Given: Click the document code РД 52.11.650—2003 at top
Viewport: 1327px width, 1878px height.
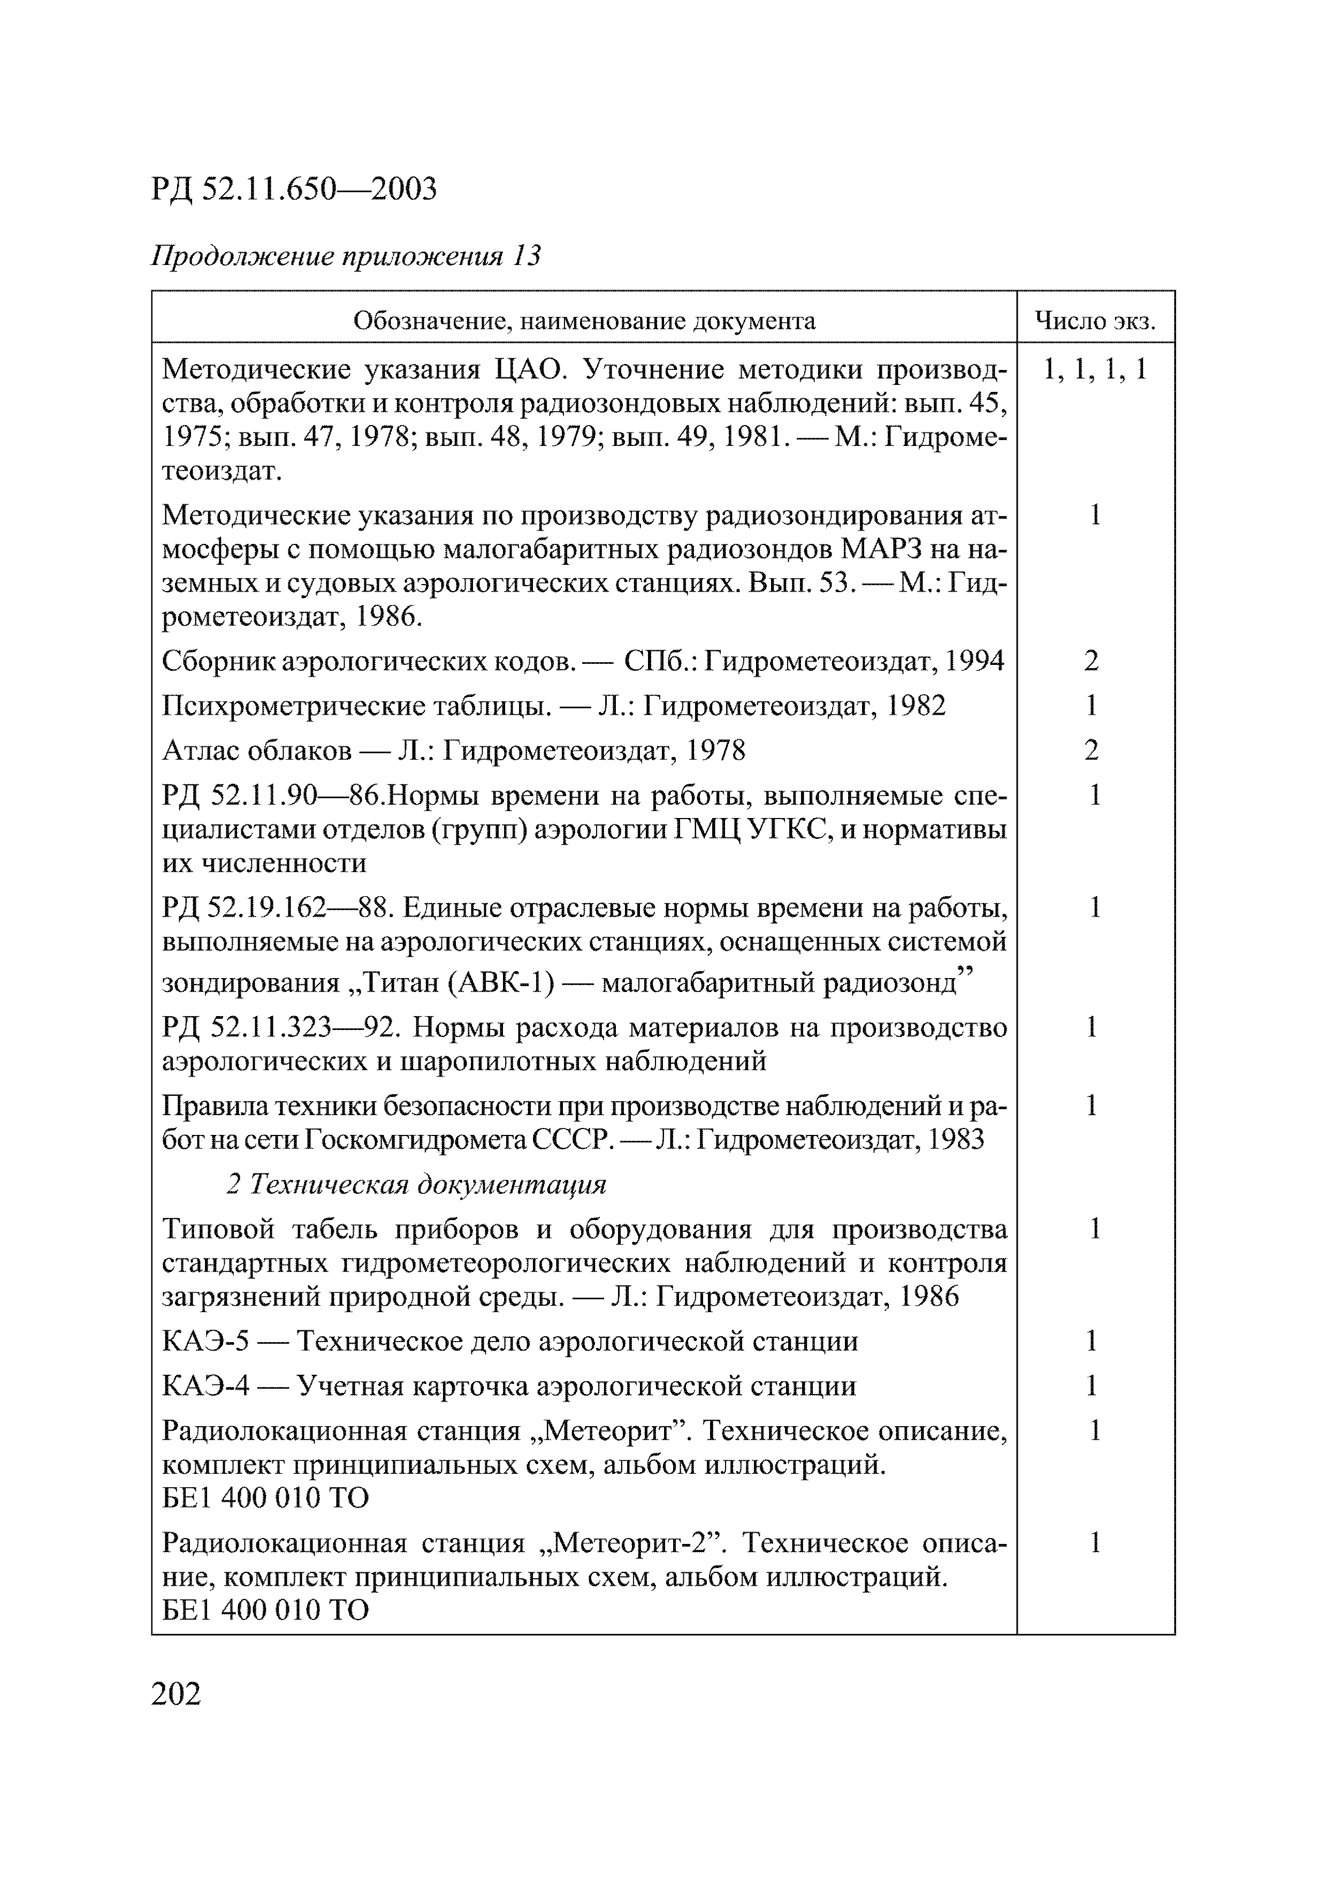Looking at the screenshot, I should (x=294, y=189).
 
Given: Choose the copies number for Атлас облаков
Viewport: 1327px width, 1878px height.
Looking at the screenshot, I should (x=1092, y=750).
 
